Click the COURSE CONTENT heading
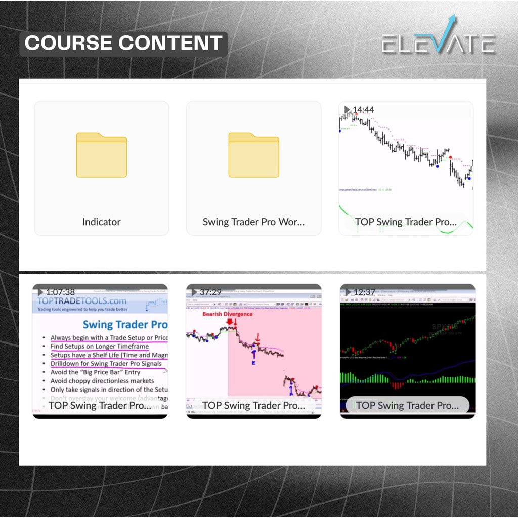pos(123,43)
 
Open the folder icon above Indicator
pos(101,155)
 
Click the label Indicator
pos(101,222)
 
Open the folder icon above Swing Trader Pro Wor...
pos(253,155)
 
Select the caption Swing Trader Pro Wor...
pos(253,222)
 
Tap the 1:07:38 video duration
pos(60,292)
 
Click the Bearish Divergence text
pos(227,314)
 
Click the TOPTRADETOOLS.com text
pos(82,300)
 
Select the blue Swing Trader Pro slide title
pos(124,324)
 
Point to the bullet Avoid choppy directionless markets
pos(102,380)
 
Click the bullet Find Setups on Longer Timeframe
pos(99,347)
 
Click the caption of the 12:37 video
pos(407,405)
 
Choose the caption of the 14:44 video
pos(406,222)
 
